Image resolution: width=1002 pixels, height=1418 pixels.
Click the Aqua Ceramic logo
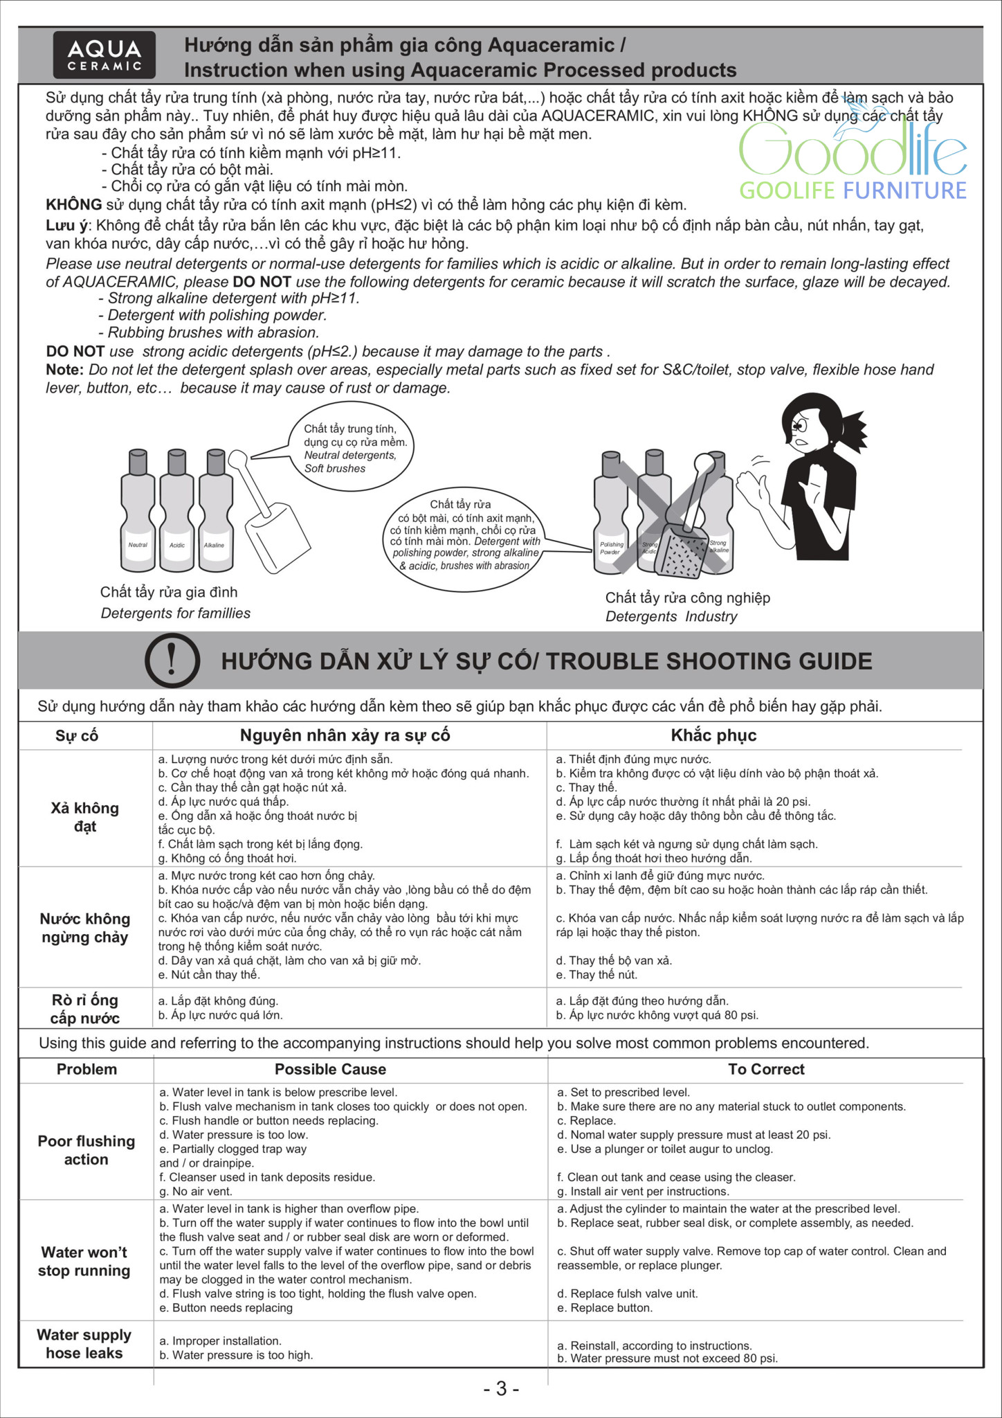tap(104, 55)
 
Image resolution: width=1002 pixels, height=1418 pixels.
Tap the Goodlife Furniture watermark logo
tap(853, 163)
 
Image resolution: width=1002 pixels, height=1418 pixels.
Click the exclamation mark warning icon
tap(172, 660)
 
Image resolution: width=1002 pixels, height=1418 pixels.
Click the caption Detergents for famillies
tap(176, 613)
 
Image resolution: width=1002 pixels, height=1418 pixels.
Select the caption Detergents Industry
tap(671, 617)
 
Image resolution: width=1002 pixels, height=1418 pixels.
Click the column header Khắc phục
tap(713, 735)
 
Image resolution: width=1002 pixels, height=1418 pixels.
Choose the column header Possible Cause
tap(330, 1069)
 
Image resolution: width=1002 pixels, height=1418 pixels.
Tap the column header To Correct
tap(766, 1069)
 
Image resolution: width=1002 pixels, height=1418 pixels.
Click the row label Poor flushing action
tap(86, 1150)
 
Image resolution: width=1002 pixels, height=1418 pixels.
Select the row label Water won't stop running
tap(84, 1261)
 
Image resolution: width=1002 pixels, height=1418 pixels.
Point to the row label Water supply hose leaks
tap(84, 1344)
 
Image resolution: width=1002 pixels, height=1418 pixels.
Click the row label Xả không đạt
tap(85, 817)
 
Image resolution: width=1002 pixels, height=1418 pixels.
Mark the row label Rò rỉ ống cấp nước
tap(85, 1009)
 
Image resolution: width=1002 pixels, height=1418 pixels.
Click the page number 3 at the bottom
tap(501, 1389)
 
